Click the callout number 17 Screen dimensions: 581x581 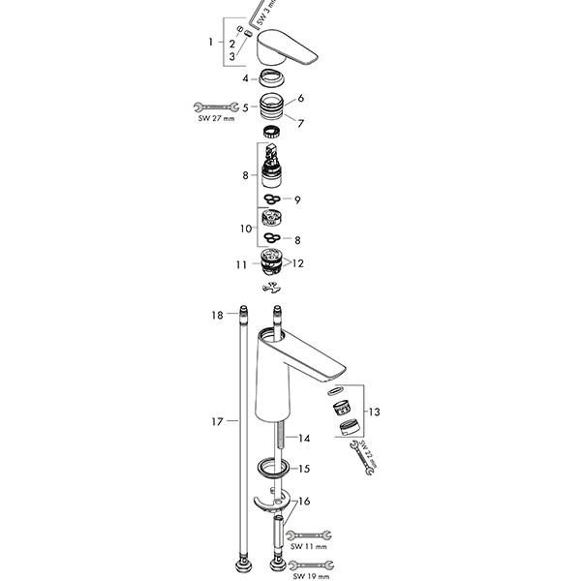(218, 421)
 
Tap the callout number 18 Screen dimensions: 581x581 (218, 316)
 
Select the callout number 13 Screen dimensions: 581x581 (374, 413)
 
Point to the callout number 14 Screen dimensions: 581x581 (304, 438)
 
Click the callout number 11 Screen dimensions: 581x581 (240, 262)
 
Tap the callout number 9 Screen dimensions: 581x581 (297, 199)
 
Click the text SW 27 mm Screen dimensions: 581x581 (213, 119)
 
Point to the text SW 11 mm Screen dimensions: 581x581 (310, 546)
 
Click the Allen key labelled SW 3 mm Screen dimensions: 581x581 (261, 14)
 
